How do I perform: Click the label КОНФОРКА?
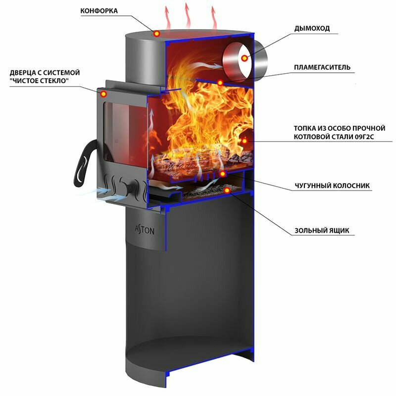[x=99, y=11]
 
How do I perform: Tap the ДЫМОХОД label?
[x=311, y=29]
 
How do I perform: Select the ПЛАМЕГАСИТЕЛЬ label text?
[x=322, y=67]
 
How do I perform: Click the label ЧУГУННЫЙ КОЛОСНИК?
[x=332, y=186]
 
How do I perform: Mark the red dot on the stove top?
[x=156, y=34]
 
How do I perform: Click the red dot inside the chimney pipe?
[x=244, y=58]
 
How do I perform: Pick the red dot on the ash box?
[x=227, y=190]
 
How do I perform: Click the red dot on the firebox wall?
[x=244, y=141]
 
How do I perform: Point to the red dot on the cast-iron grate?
[x=222, y=174]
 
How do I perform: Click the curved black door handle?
[x=84, y=163]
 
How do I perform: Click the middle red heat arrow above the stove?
[x=187, y=15]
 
